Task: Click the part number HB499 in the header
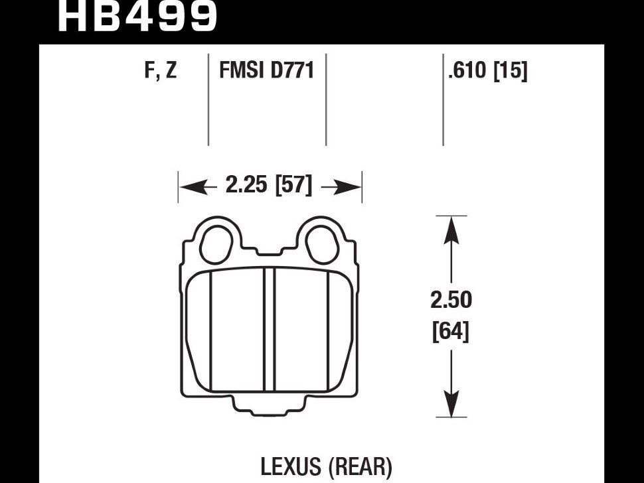137,16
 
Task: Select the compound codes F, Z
161,70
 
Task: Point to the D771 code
291,70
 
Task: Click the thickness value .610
468,70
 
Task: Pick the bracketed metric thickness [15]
509,70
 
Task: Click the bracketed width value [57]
293,186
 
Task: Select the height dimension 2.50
451,301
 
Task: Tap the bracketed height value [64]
451,330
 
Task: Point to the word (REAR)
359,466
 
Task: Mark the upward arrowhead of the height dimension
451,230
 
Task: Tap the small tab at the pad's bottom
270,407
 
